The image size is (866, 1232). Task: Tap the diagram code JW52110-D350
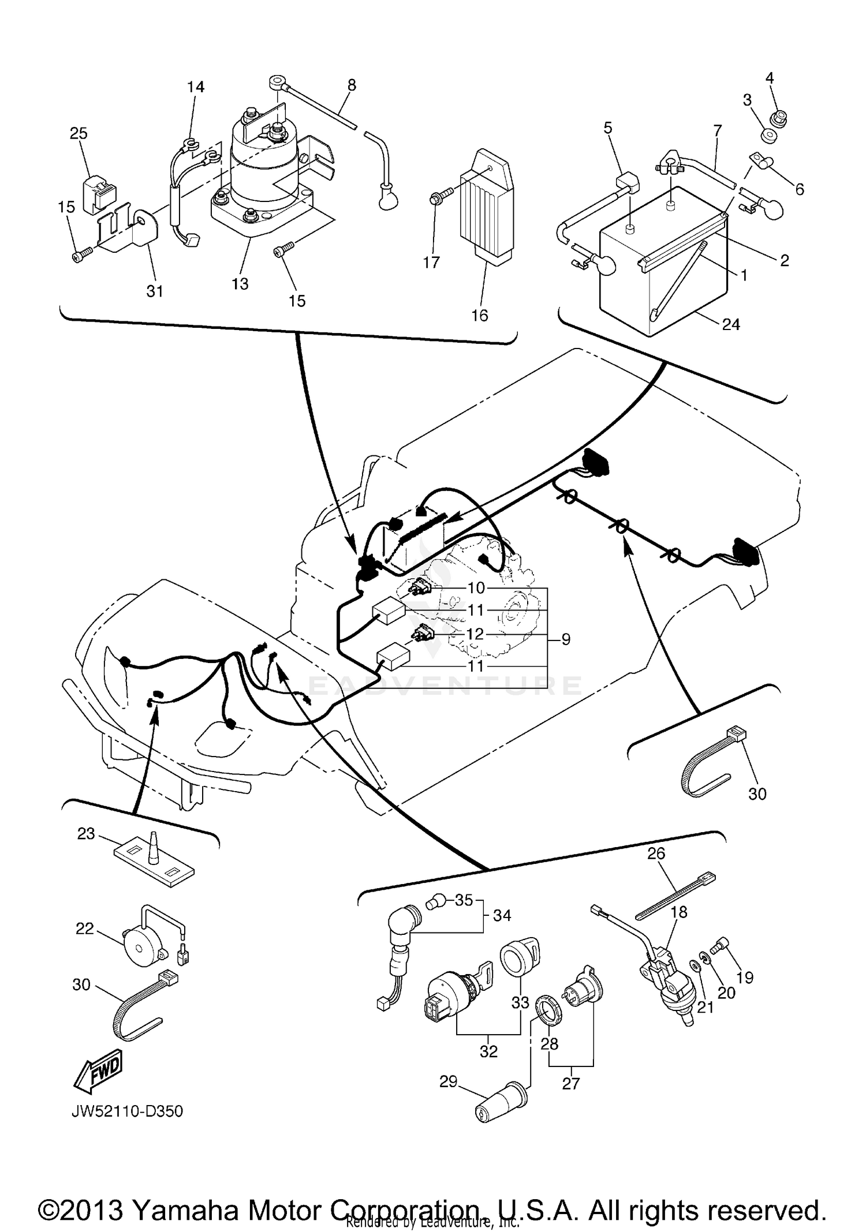pos(127,1111)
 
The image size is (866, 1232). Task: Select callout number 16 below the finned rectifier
pos(480,315)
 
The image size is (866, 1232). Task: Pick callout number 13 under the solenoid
pos(240,283)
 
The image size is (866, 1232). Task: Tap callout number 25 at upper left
pos(79,133)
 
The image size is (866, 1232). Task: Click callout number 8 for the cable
pos(352,85)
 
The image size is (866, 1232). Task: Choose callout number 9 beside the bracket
pos(566,639)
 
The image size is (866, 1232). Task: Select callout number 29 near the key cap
pos(449,1081)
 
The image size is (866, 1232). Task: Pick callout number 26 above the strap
pos(656,853)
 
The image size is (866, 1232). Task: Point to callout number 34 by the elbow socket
pos(502,915)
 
